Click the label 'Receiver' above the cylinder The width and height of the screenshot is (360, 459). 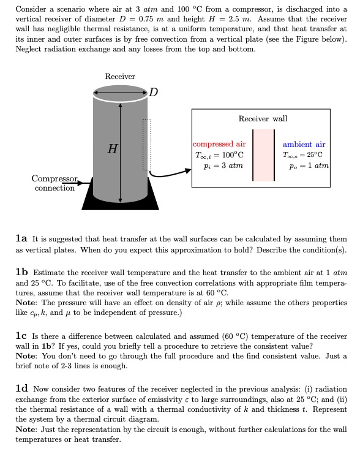[120, 77]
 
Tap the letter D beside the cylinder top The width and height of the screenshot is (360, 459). [153, 93]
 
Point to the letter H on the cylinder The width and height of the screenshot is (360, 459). [112, 148]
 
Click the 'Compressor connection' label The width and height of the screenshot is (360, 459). [55, 183]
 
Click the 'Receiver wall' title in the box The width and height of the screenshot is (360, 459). [263, 118]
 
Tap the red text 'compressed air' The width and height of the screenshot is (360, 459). [219, 144]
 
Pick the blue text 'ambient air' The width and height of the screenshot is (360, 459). [304, 144]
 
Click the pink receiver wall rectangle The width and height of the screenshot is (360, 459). [262, 154]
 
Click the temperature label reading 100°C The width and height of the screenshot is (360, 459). [219, 154]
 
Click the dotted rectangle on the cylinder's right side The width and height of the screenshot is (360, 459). [146, 144]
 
